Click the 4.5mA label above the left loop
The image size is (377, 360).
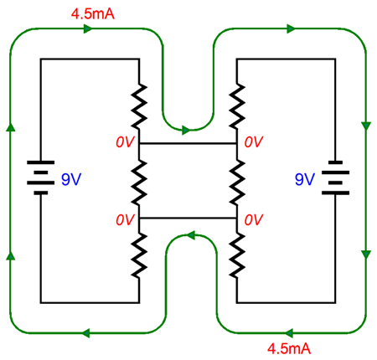coord(93,13)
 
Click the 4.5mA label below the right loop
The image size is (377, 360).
coord(289,348)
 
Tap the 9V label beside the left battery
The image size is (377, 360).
coord(71,179)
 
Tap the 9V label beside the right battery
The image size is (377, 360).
coord(305,179)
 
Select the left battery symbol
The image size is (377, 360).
coord(41,177)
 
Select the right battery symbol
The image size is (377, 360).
coord(335,177)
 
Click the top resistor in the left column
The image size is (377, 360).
coord(139,106)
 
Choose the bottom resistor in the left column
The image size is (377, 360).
coord(139,255)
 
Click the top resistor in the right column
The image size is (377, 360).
coord(237,106)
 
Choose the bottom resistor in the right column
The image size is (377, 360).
coord(237,255)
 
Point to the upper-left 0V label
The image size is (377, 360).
coord(126,142)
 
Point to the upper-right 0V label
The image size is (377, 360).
coord(254,142)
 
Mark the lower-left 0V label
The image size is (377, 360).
coord(126,220)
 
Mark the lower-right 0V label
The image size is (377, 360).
coord(254,220)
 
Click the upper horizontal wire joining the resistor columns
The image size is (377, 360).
coord(188,144)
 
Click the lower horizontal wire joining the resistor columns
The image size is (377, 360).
coord(188,218)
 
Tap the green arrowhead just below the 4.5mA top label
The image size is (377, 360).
coord(88,28)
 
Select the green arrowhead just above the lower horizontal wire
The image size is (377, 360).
coord(191,235)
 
